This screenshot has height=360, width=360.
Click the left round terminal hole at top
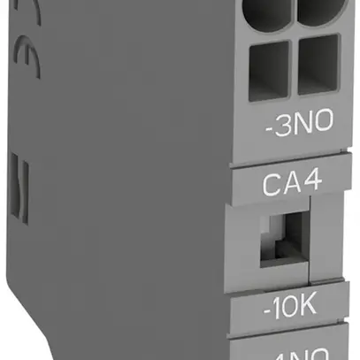coord(268,14)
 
